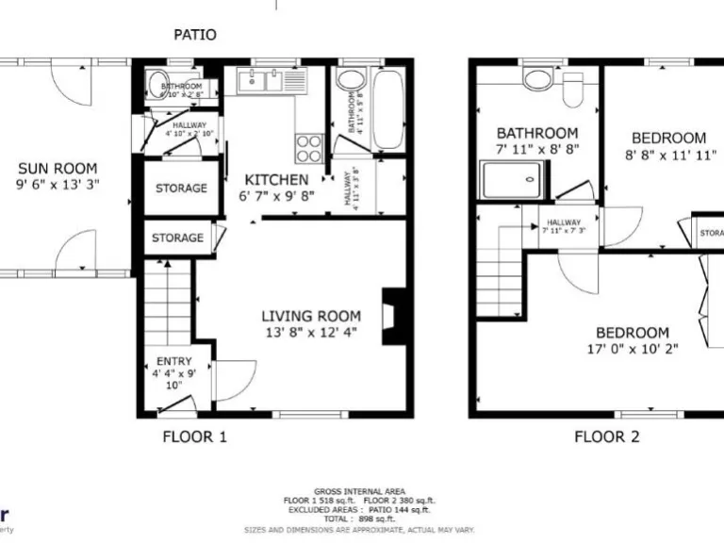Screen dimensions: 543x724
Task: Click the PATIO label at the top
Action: tap(195, 35)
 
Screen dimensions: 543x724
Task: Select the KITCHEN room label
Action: tap(276, 180)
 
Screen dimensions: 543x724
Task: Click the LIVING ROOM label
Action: tap(311, 316)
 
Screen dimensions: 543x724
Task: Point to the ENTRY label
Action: tap(174, 361)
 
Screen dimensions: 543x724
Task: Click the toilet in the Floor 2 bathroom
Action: tap(572, 90)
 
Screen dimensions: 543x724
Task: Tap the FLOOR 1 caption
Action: tap(195, 436)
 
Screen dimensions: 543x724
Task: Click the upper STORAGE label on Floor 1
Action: tap(181, 188)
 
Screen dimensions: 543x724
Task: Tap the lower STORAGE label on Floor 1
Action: tap(177, 238)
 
